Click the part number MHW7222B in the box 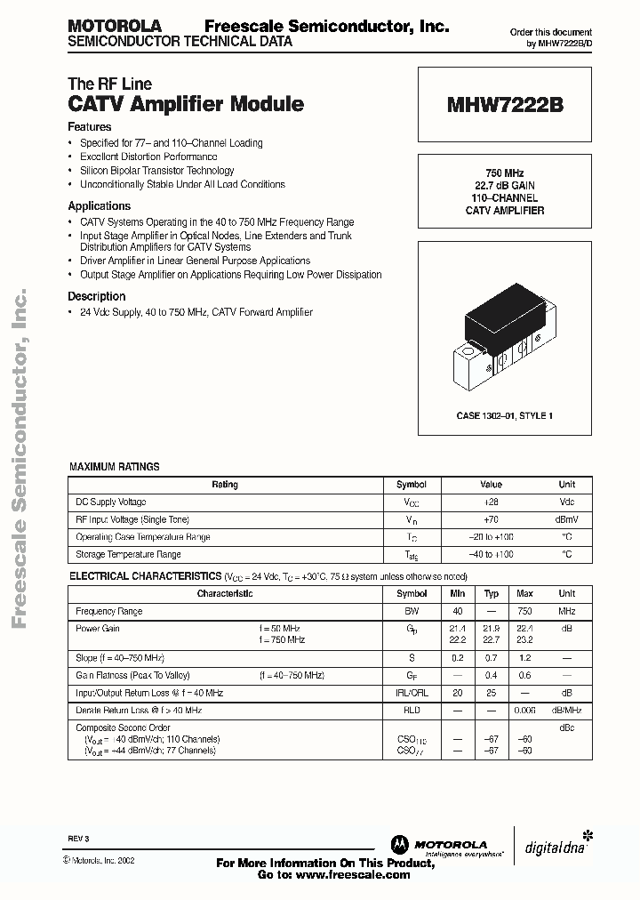tap(504, 105)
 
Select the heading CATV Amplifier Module tap(186, 104)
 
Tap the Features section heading tap(90, 127)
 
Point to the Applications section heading tap(100, 206)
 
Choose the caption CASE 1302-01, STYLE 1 tap(504, 415)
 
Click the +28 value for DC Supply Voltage tap(491, 502)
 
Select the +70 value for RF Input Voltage tap(491, 519)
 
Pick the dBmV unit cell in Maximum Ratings tap(566, 519)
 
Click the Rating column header tap(225, 485)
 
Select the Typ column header tap(491, 593)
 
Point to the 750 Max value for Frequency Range tap(524, 611)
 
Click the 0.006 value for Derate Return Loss tap(524, 711)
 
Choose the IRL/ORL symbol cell tap(412, 693)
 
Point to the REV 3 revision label tap(78, 840)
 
